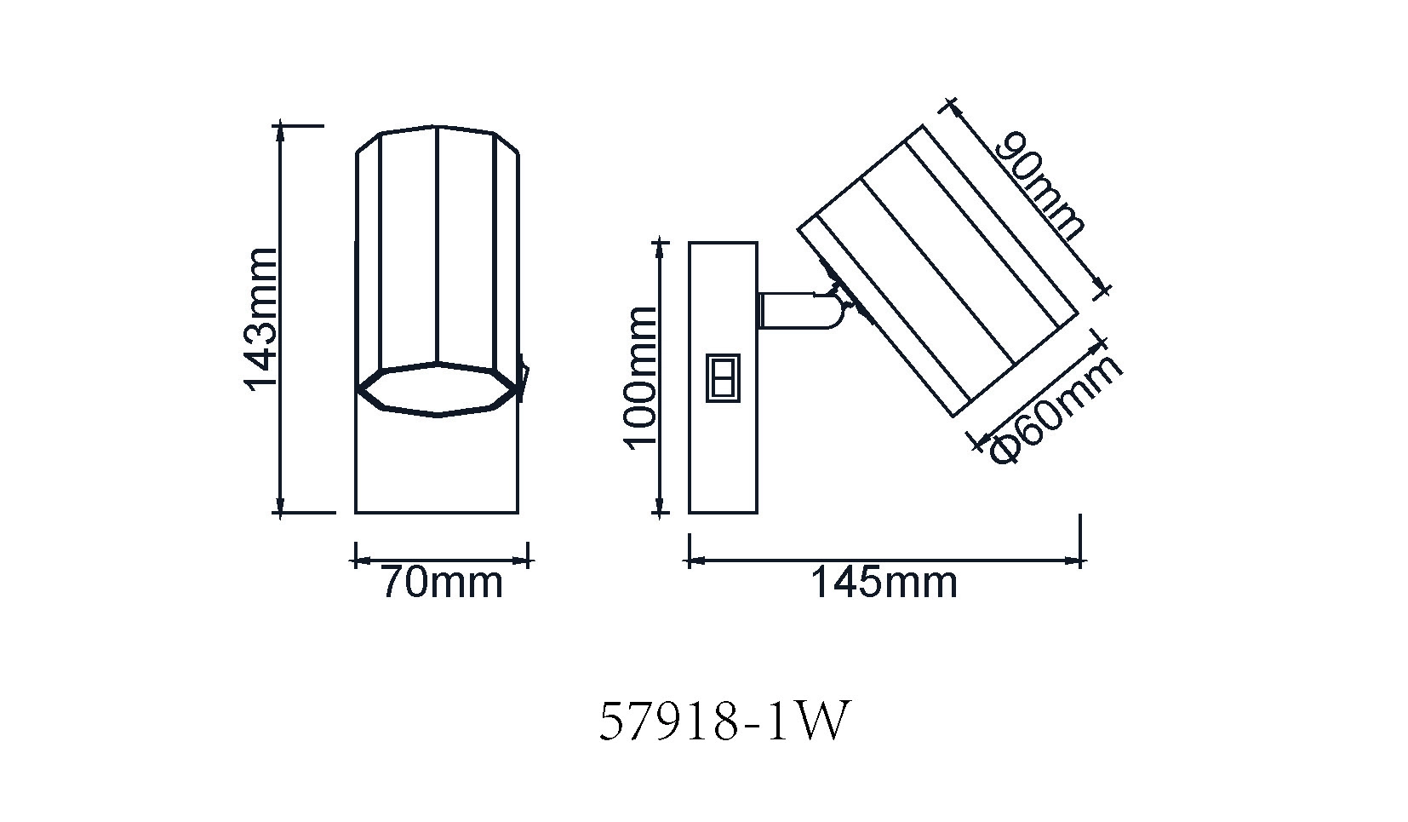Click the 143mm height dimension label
tap(261, 318)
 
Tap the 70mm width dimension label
tap(441, 583)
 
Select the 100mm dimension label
tap(640, 376)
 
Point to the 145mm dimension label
tap(883, 583)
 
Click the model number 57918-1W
tap(724, 722)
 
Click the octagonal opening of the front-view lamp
tap(438, 389)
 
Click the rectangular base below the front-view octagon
tap(437, 464)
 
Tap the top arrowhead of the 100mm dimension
tap(659, 248)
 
